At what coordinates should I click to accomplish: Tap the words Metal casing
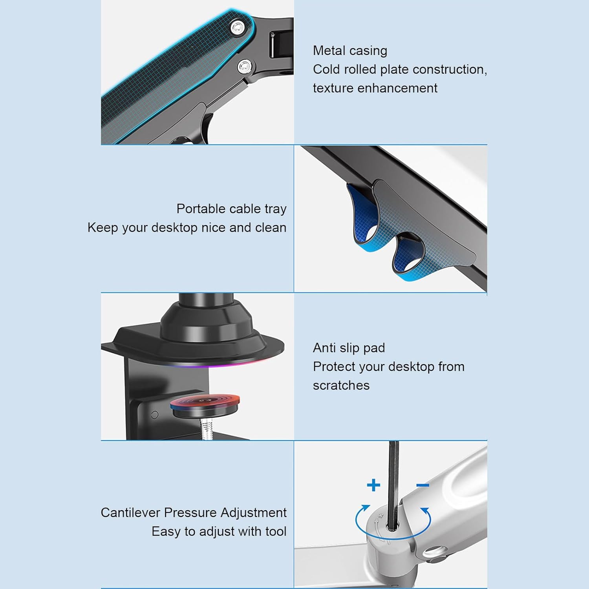pos(350,51)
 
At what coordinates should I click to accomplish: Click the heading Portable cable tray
pos(231,209)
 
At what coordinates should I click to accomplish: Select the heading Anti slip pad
pos(349,348)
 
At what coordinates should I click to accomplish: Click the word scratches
pos(341,385)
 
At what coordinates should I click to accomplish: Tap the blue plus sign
pos(373,485)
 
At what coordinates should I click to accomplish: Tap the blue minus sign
pos(423,485)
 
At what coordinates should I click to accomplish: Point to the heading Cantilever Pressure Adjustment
pos(193,512)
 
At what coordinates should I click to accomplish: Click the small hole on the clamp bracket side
pos(154,414)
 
